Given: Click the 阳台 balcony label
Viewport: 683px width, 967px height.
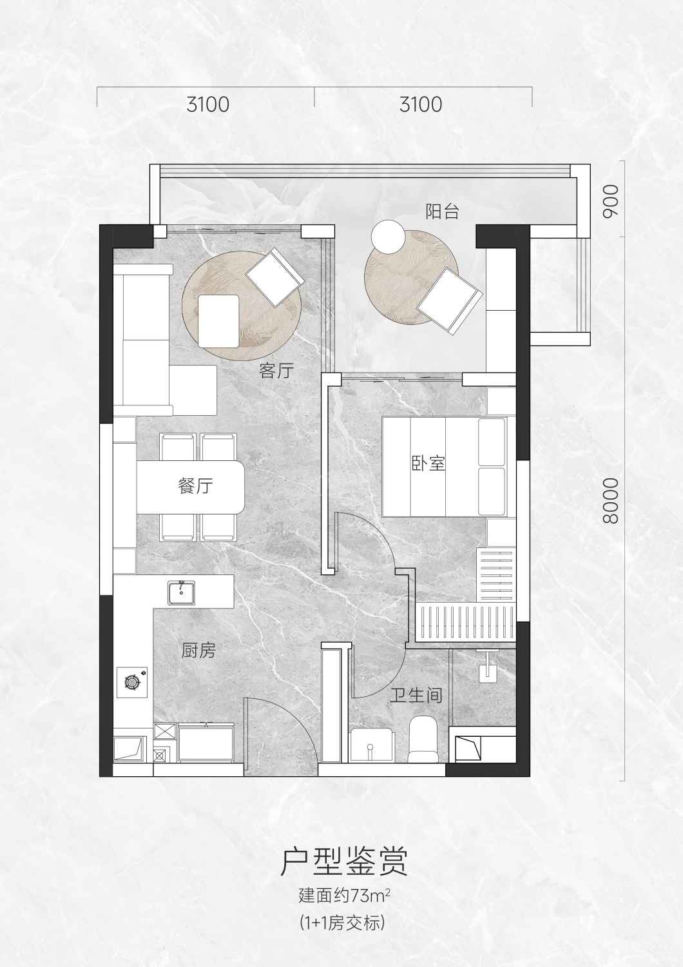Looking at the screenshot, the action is (443, 211).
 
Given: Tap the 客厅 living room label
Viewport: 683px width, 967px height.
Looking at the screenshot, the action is (276, 371).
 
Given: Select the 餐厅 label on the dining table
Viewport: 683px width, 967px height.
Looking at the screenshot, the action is (195, 486).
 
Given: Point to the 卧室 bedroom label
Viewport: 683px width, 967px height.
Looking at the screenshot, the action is (428, 464).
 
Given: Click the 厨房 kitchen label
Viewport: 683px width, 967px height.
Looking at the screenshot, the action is (198, 650).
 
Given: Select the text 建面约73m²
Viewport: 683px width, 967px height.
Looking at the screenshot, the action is (344, 894).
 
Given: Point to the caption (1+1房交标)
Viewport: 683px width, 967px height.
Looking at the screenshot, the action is (342, 921).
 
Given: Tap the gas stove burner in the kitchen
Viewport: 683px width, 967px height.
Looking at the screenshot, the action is (132, 681).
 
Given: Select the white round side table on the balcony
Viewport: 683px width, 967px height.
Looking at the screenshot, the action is (389, 237).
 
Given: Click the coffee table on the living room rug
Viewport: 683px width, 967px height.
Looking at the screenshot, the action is (218, 321).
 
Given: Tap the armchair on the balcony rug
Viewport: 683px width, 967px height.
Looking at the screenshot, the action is (450, 301).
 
